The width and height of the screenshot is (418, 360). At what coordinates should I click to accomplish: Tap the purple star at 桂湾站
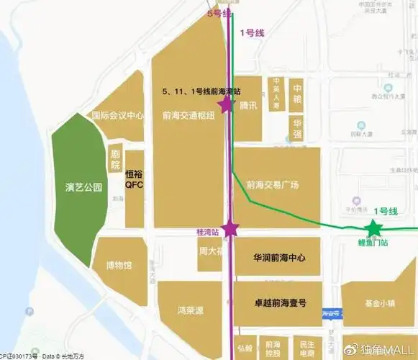coord(230,229)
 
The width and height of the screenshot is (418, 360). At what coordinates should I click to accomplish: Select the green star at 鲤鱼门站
coord(373,229)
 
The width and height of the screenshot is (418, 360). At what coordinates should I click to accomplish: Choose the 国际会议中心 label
coord(118,115)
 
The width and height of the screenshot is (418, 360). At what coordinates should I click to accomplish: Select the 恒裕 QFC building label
coord(135,179)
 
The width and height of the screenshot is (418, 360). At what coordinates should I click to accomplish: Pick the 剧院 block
coord(114,160)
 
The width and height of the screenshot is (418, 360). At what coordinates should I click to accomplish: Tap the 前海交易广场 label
coord(272,184)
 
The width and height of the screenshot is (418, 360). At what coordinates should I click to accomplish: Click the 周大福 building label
coord(209,253)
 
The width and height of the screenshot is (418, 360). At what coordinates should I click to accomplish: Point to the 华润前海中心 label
coord(280,257)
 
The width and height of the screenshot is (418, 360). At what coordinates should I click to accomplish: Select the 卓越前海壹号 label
coord(280,303)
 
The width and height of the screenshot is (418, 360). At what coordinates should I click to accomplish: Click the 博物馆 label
coord(119,265)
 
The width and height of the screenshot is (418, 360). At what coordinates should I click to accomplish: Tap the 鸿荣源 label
coord(190,310)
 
